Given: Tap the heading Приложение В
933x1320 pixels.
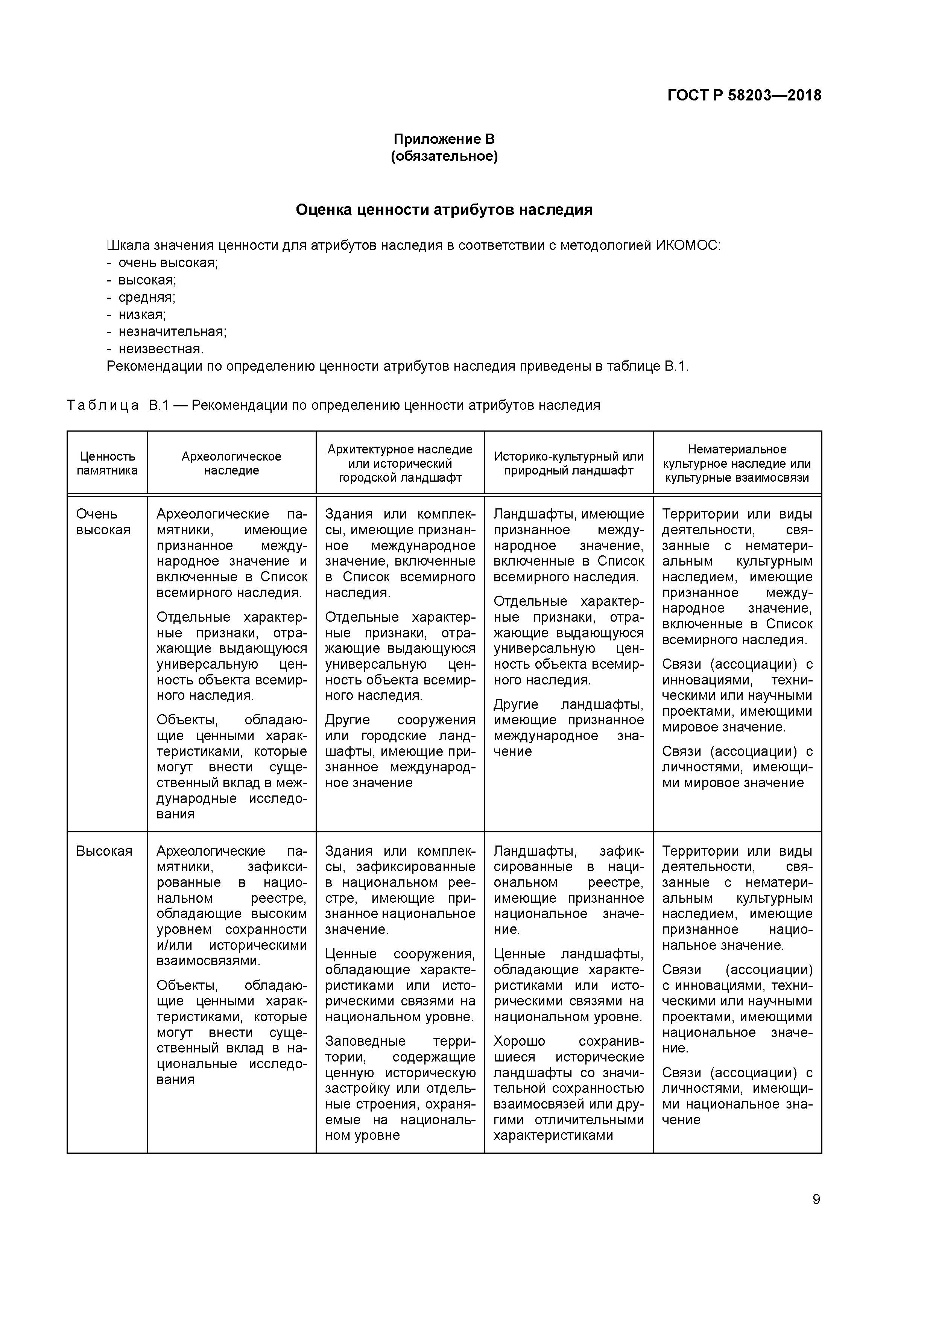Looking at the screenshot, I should click(444, 139).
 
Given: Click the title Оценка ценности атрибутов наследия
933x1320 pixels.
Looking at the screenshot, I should click(444, 210).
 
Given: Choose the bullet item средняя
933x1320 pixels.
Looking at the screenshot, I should click(147, 297).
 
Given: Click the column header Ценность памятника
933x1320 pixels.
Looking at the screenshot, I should click(108, 463).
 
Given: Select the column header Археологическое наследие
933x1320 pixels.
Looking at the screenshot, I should click(232, 463).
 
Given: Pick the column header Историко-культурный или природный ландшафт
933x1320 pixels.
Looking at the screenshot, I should click(568, 463).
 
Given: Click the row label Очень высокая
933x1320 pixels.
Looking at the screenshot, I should click(103, 522).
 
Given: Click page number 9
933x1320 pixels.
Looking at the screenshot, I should click(816, 1199).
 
